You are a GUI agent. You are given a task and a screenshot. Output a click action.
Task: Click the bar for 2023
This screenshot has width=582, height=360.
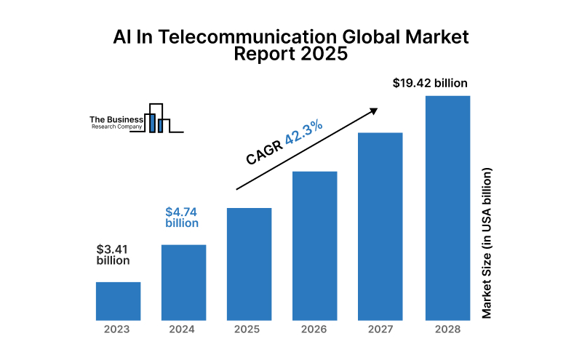(118, 301)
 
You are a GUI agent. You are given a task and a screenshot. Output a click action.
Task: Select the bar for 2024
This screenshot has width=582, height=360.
(183, 282)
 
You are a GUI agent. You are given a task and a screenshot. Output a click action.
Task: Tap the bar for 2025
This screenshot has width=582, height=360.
(250, 264)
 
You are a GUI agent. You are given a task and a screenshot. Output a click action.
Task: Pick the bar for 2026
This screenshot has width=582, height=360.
(315, 246)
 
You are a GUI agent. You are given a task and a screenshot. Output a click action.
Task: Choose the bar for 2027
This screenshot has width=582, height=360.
(380, 226)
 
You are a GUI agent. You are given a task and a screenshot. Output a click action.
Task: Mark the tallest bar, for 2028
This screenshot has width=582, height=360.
(447, 208)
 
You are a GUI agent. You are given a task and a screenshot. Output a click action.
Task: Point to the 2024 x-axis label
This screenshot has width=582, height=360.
(183, 329)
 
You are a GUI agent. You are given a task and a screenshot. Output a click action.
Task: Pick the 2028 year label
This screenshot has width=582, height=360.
(447, 329)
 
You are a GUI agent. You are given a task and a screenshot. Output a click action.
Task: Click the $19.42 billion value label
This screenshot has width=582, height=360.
(430, 83)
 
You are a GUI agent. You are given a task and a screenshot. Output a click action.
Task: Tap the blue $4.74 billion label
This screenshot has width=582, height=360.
(182, 217)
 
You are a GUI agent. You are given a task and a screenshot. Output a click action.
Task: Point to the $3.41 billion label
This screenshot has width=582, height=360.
(113, 255)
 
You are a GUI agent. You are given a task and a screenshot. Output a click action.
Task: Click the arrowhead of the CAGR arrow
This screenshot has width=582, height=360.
(374, 111)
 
